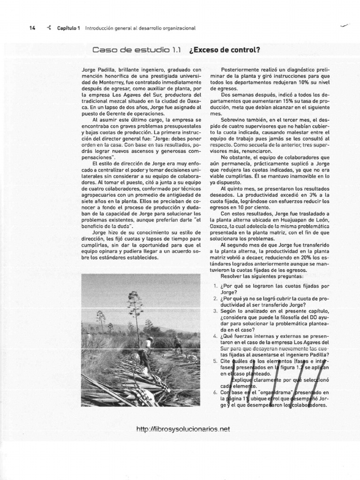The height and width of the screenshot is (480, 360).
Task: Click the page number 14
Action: click(x=32, y=28)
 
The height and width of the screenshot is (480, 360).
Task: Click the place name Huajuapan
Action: click(x=290, y=220)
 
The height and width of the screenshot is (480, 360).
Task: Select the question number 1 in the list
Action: click(x=214, y=285)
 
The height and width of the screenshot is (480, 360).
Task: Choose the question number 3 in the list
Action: click(x=214, y=311)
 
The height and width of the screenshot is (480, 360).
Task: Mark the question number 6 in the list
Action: click(x=214, y=392)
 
